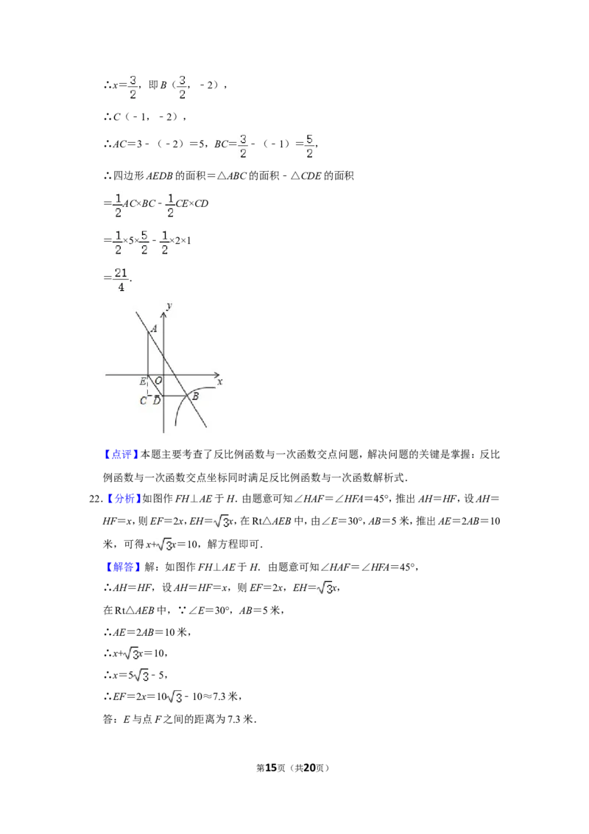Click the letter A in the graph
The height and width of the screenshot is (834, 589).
coord(155,329)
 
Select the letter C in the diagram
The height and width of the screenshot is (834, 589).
coord(144,401)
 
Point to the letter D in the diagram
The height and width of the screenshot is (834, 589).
coord(156,400)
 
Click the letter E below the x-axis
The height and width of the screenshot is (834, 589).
coord(142,382)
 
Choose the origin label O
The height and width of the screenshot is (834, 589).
coord(158,381)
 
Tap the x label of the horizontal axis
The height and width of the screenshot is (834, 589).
coord(219,382)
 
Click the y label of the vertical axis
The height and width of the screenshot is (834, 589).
coord(169,305)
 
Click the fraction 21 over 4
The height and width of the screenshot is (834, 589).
coord(121,280)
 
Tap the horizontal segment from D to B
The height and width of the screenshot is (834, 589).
coord(175,396)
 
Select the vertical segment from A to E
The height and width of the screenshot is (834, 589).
coord(148,354)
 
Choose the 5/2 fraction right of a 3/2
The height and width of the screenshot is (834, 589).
coord(309,147)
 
